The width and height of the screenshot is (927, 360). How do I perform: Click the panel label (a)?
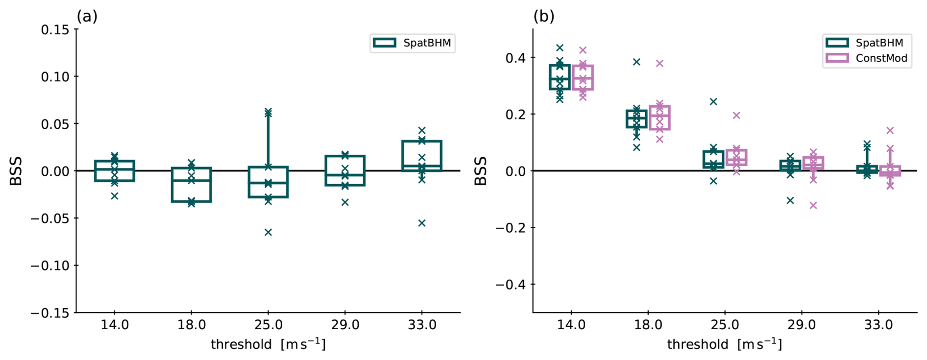point(87,16)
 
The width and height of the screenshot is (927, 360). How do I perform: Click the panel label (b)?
point(544,16)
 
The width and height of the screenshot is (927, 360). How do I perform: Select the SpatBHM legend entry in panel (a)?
point(413,43)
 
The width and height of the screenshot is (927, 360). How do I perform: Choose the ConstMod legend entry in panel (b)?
point(867,58)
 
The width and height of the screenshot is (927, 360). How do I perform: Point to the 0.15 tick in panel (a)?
point(55,30)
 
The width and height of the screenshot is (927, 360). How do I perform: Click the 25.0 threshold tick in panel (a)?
point(268,325)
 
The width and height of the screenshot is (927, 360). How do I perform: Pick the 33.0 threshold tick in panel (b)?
point(878,325)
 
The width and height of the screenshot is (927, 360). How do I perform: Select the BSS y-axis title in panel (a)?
point(16,171)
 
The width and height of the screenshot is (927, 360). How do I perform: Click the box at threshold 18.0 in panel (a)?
point(192,185)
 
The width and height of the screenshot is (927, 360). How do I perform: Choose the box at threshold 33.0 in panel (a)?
point(422,156)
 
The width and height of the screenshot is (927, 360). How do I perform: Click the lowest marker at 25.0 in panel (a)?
point(268,232)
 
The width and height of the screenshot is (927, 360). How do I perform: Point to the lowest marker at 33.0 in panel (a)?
point(422,223)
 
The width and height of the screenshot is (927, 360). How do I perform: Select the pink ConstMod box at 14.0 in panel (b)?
point(583,77)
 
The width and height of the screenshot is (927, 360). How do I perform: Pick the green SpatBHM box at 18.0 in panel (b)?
point(636,119)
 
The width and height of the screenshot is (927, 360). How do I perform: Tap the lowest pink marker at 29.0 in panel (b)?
point(813,205)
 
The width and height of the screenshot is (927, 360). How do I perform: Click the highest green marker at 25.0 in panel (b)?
point(713,102)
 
